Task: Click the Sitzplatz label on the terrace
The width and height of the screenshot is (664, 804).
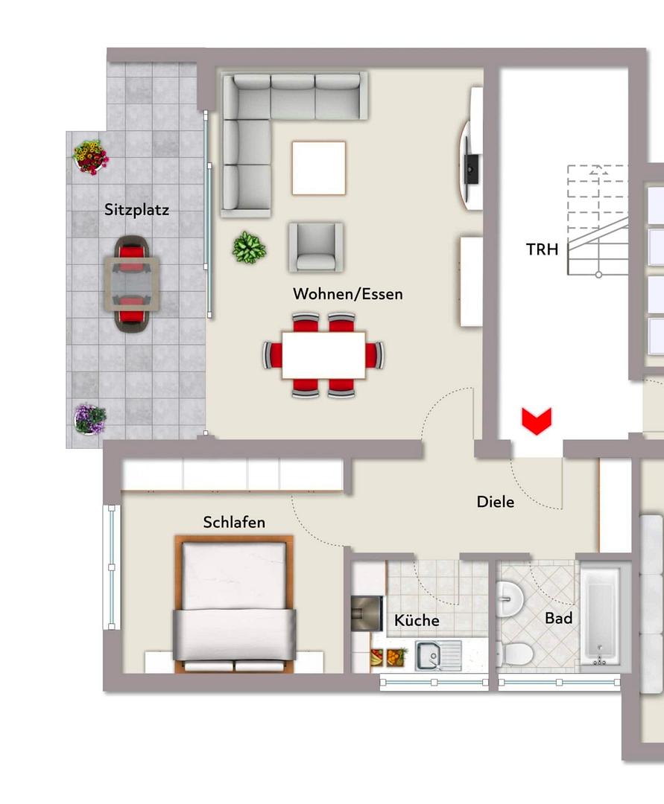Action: [136, 210]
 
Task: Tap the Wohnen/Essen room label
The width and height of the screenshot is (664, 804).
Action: [348, 294]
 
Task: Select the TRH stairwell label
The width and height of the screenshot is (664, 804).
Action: [542, 249]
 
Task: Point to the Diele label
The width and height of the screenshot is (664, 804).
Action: [495, 502]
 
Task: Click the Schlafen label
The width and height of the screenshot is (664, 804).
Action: [234, 523]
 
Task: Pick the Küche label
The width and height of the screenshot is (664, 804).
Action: [417, 620]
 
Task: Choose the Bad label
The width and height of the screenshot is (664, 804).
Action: [559, 619]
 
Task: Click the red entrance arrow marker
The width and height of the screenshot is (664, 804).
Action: [537, 421]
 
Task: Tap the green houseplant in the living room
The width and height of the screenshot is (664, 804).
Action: [250, 247]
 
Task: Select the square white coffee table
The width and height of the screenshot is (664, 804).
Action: [319, 168]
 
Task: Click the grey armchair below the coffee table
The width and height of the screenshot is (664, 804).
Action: [316, 247]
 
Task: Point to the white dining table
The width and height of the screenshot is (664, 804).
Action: [323, 355]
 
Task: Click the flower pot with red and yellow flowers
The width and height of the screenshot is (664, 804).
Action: [91, 157]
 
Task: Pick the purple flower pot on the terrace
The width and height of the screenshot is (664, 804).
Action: [89, 419]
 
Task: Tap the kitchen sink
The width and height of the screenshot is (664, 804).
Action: [439, 656]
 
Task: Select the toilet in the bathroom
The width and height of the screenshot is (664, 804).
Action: [515, 654]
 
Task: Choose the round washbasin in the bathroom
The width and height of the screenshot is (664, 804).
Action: [510, 598]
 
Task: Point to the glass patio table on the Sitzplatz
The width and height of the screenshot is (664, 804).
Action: [133, 284]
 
